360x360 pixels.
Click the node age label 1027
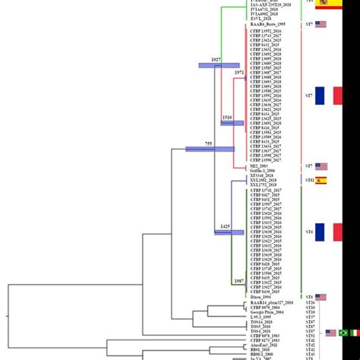coord(215,59)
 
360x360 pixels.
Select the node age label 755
coord(208,143)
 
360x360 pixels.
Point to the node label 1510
coord(226,118)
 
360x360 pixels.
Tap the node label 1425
coord(225,226)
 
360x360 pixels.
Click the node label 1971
coord(238,71)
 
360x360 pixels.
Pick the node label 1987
coord(238,281)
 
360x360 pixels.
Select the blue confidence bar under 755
coord(210,149)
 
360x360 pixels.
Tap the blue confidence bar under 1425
coord(229,232)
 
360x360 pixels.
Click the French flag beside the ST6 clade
coord(329,232)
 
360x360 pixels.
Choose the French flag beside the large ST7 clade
coord(329,96)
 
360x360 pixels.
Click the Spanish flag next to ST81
coord(321,180)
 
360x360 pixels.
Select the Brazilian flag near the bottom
coord(343,333)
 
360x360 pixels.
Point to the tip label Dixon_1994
coord(261,297)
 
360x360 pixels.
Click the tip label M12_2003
coord(260,166)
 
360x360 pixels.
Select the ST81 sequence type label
coord(309,180)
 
